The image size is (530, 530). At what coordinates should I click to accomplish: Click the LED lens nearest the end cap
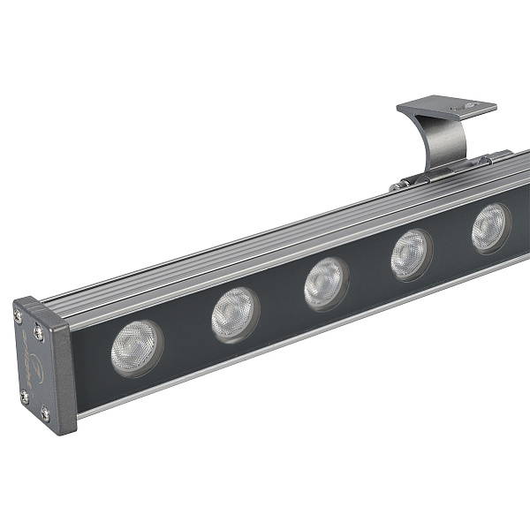(x=137, y=347)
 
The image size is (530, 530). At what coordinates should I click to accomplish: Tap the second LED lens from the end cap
(x=235, y=314)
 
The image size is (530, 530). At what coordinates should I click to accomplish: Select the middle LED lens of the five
(x=326, y=283)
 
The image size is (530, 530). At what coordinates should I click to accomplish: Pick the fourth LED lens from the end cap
(x=412, y=254)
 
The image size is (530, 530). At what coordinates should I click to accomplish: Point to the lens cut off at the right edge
(x=490, y=228)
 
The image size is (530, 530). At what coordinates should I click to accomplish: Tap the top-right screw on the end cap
(x=38, y=332)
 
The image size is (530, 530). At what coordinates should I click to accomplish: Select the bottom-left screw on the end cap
(x=24, y=396)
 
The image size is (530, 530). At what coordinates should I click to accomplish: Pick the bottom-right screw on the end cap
(x=45, y=412)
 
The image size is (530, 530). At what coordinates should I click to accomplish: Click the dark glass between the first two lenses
(x=186, y=330)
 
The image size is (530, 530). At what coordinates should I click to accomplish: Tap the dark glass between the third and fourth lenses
(x=369, y=269)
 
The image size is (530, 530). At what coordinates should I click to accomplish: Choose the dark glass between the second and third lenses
(x=281, y=299)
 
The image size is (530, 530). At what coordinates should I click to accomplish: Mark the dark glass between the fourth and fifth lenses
(x=451, y=241)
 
